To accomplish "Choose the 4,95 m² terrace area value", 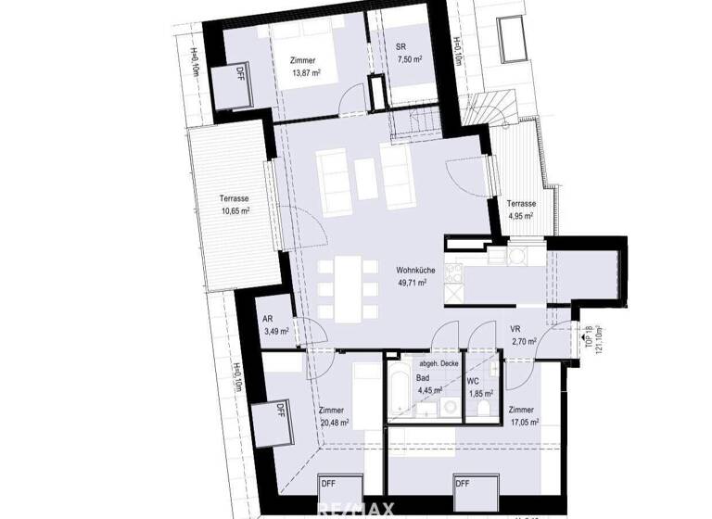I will click(x=520, y=216).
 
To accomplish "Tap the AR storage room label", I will click(x=268, y=318).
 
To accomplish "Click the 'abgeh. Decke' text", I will click(x=440, y=364).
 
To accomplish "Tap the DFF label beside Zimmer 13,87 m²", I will click(x=240, y=71).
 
